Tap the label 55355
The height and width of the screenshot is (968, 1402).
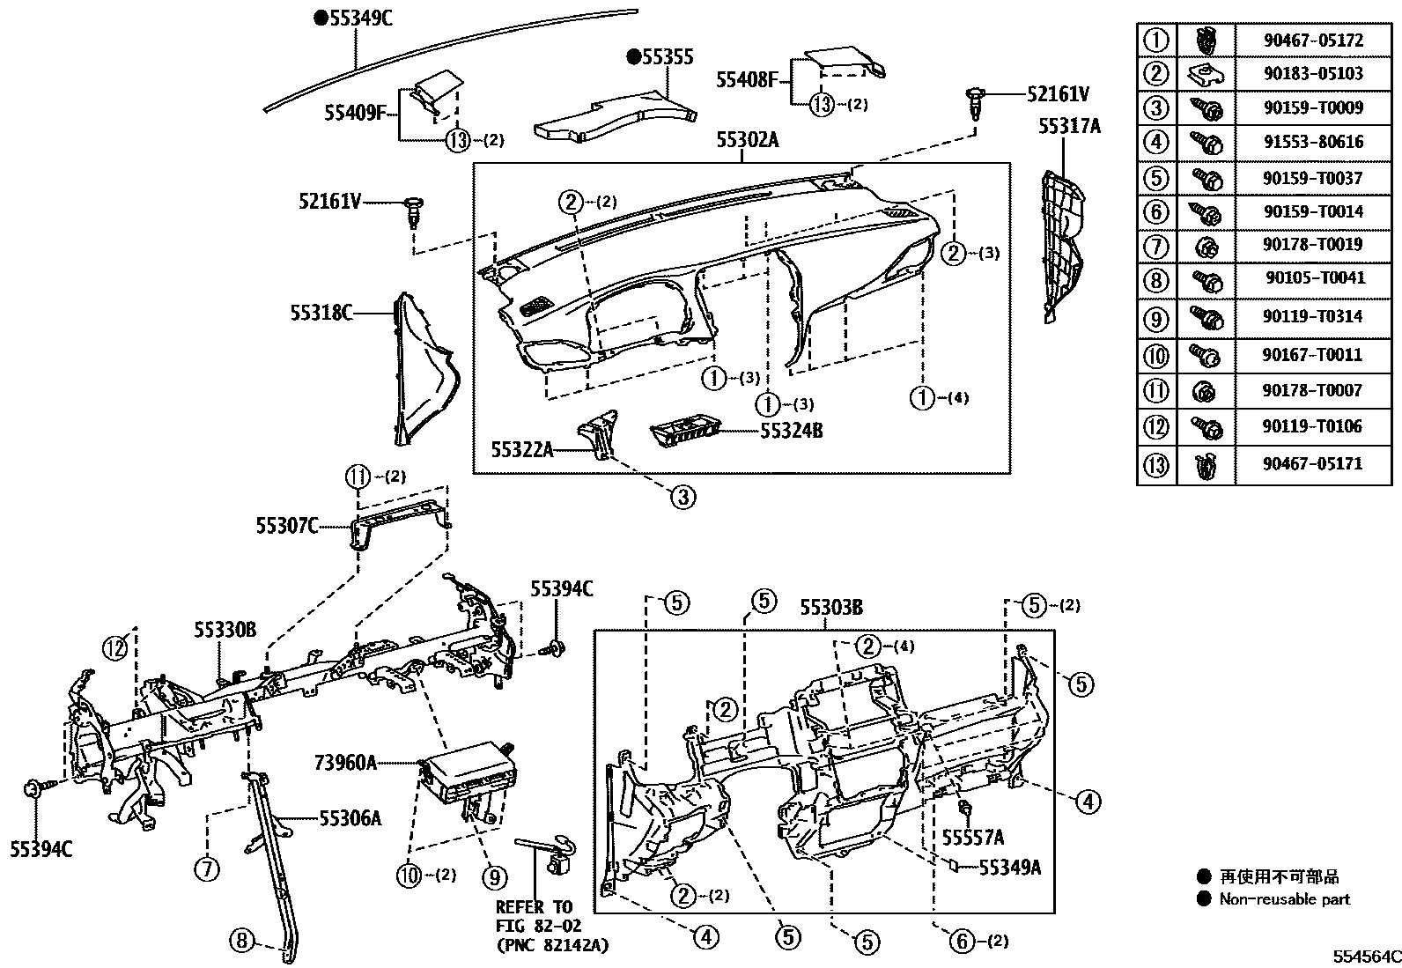[667, 57]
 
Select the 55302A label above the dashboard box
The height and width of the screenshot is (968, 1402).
[747, 139]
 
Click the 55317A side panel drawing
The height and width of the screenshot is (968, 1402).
[1064, 242]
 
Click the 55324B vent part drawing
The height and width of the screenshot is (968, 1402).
[685, 432]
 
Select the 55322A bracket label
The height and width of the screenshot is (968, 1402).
[522, 451]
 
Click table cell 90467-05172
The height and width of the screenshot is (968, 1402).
[1312, 41]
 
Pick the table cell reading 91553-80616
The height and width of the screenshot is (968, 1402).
[1312, 142]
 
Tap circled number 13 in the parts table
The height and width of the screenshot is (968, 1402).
[1155, 464]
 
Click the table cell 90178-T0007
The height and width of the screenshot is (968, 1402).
[1312, 390]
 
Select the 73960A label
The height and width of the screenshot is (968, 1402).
[345, 762]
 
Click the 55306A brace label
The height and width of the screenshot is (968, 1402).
[350, 819]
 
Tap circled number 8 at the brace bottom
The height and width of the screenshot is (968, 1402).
[241, 940]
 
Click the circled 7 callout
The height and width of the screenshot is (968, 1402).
[206, 869]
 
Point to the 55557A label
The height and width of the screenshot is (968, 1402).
[972, 837]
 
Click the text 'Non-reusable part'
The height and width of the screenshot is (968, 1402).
[1284, 899]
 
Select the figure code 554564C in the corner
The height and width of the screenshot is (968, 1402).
[1365, 956]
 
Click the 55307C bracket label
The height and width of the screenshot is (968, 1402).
[287, 526]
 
